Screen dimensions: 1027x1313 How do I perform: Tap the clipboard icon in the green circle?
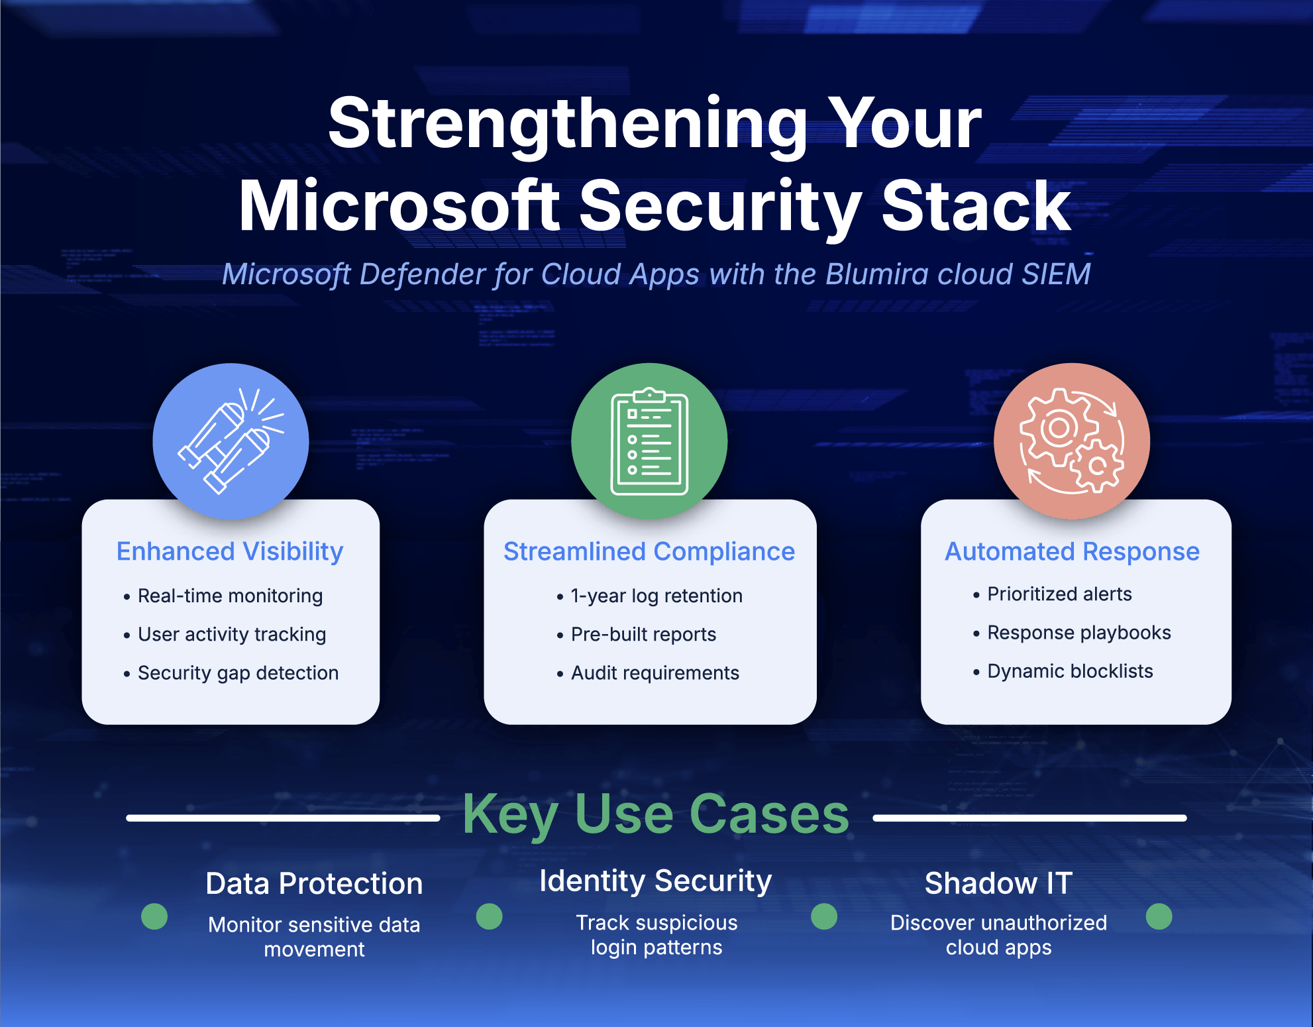(x=649, y=441)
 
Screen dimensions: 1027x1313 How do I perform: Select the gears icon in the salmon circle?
(x=1071, y=441)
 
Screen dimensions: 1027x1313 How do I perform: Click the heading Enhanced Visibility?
(x=230, y=551)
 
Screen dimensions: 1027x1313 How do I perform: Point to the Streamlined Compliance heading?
(x=649, y=551)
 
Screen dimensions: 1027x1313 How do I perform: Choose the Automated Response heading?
(x=1072, y=551)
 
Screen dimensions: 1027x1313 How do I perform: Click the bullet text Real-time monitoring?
(x=230, y=596)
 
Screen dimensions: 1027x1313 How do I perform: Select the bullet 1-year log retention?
(x=656, y=596)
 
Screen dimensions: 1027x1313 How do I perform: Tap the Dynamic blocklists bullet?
(x=1069, y=671)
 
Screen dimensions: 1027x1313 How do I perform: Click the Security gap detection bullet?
(x=238, y=673)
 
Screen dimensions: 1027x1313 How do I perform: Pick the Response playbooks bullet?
(x=1078, y=633)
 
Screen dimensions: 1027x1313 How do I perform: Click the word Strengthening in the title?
(x=566, y=124)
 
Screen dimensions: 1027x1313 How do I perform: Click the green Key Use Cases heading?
(x=656, y=814)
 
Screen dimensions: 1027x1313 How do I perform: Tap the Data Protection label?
(x=314, y=883)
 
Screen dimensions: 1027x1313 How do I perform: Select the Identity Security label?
(x=656, y=881)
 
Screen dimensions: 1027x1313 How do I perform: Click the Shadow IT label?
(x=998, y=883)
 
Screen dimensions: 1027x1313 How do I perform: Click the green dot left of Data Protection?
(x=154, y=916)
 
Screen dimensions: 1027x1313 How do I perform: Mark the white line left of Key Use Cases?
(x=283, y=818)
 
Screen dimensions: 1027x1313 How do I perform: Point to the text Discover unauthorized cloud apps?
(x=998, y=935)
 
